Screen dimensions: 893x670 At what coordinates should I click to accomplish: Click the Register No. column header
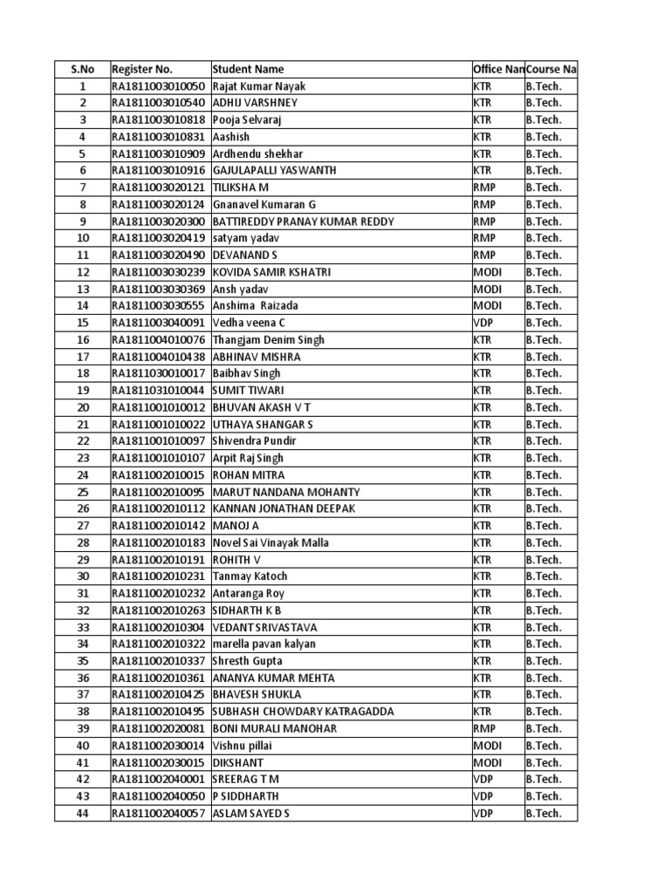tap(142, 69)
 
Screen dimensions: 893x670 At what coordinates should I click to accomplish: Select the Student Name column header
tap(248, 69)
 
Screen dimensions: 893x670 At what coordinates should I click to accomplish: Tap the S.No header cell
tap(83, 69)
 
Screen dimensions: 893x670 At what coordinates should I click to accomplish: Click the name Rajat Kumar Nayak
tap(259, 86)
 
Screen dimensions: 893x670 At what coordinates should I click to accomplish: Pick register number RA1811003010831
tap(158, 137)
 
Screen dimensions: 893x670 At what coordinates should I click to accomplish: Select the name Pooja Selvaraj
tap(248, 119)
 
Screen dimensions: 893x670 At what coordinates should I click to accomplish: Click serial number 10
tap(83, 238)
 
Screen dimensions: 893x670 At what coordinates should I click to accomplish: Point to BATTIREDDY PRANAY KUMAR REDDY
tap(303, 222)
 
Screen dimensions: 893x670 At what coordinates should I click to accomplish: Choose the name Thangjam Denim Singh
tap(268, 340)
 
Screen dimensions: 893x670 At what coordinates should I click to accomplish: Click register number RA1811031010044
tap(158, 391)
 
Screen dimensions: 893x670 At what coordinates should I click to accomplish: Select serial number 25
tap(83, 492)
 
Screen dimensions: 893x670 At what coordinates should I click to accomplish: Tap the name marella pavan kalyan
tap(263, 644)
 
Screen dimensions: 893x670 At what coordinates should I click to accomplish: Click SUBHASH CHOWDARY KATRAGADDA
tap(303, 712)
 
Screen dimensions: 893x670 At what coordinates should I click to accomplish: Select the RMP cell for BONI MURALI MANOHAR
tap(484, 728)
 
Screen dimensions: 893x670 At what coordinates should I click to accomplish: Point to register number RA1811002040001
tap(158, 779)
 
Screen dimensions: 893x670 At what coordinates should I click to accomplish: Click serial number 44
tap(83, 813)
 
